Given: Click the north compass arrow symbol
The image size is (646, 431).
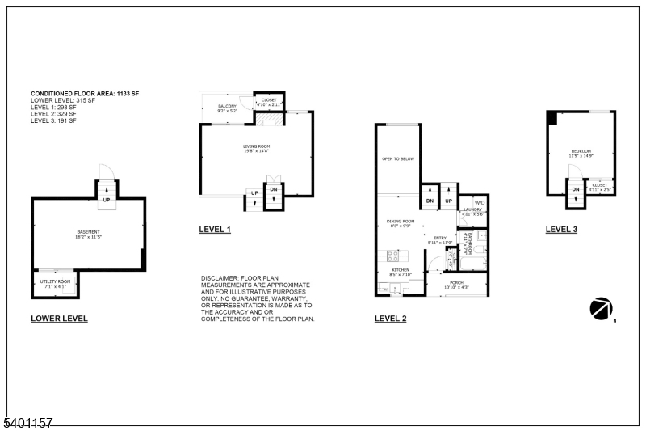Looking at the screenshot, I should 602,308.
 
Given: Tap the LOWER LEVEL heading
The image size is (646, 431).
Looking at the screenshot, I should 59,319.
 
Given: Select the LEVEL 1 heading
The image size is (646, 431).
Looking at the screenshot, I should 215,230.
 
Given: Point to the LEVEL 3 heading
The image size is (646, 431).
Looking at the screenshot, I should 561,230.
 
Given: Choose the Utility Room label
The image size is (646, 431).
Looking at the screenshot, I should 55,283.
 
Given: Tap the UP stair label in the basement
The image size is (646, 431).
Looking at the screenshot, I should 106,199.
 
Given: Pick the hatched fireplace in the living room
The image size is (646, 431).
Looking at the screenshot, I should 274,120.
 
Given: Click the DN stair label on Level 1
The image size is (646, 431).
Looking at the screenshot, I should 274,191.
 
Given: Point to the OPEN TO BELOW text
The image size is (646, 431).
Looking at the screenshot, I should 398,159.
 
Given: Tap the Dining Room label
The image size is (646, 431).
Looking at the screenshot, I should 401,223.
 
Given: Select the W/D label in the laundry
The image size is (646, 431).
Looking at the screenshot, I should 479,203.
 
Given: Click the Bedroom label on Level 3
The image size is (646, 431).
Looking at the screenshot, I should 581,153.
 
